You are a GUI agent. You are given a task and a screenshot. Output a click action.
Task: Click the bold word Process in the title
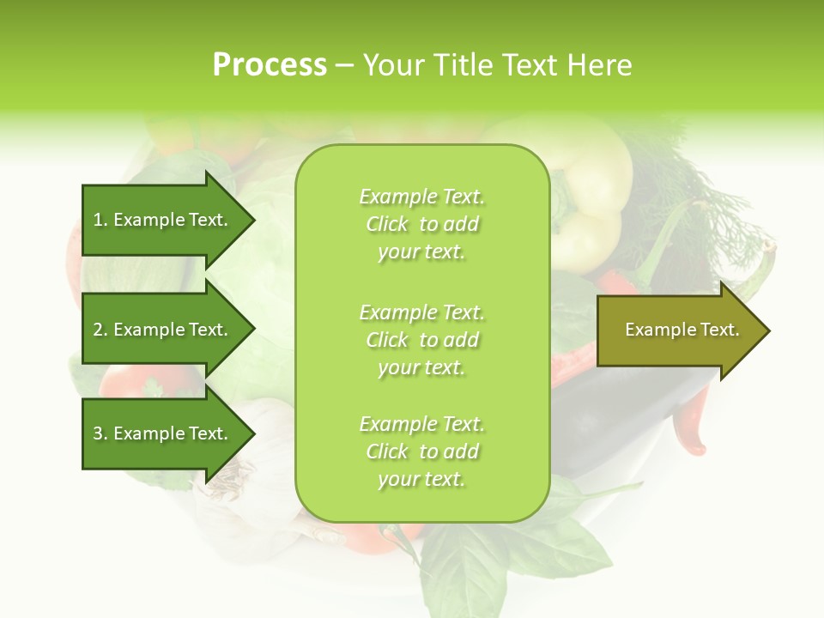(x=270, y=65)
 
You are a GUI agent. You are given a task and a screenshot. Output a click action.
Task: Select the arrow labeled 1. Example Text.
(x=161, y=221)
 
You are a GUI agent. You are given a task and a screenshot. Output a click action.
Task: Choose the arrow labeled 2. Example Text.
(x=161, y=330)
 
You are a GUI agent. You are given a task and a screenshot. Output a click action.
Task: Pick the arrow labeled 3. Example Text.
(x=161, y=433)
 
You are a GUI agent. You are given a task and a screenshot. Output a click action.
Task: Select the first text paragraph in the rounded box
(x=421, y=224)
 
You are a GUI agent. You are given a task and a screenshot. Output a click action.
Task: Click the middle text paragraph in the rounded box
(x=421, y=340)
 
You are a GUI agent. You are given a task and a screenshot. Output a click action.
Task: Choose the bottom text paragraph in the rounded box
(x=421, y=451)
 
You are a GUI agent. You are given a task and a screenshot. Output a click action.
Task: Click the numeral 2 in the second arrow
(x=98, y=330)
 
